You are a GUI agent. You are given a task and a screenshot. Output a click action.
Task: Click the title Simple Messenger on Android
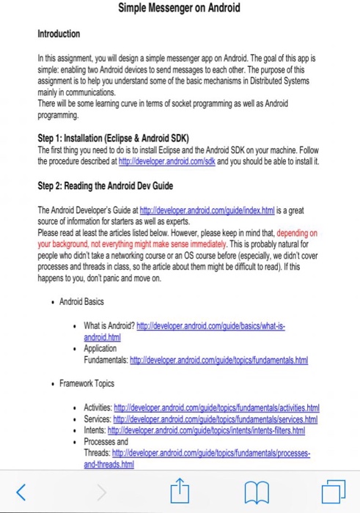click(x=180, y=9)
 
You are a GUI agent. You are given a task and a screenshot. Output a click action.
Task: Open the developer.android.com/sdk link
click(x=162, y=160)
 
